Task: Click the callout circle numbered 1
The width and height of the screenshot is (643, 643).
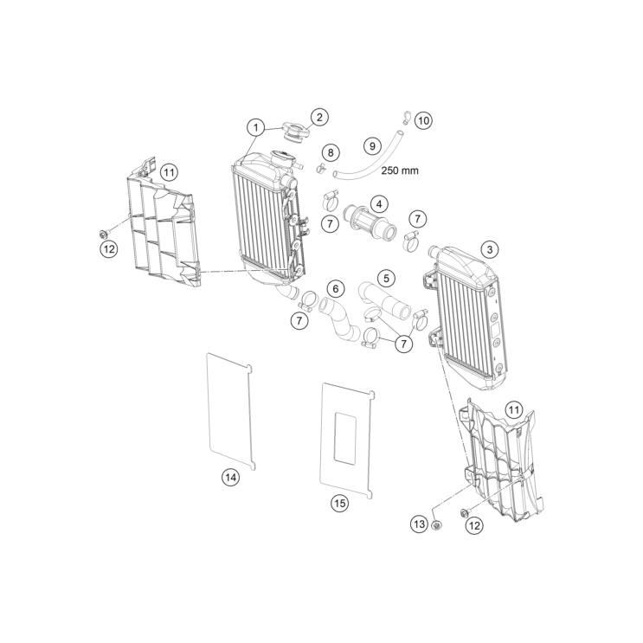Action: (256, 128)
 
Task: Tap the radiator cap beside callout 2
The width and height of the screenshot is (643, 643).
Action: (294, 132)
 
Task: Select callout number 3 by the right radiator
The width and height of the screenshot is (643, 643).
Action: (490, 249)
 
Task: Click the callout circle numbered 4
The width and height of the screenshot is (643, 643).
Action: (379, 204)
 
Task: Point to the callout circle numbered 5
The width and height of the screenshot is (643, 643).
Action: (386, 278)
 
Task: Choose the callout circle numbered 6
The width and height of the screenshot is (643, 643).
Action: (336, 289)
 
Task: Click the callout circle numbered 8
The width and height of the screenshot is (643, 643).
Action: (331, 152)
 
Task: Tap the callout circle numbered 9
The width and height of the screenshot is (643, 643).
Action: (372, 146)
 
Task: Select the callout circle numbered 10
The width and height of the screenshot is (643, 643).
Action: (423, 120)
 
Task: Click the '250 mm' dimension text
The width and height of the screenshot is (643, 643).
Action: (400, 170)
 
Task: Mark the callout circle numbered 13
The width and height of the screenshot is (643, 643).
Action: (419, 524)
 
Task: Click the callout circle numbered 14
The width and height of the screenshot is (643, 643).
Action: (231, 477)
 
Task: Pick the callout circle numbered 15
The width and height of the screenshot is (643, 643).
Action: (339, 502)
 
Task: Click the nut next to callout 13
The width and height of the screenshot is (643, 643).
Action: (438, 524)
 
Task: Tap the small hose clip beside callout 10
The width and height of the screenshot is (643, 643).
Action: (407, 117)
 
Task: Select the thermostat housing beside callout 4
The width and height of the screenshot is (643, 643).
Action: (370, 222)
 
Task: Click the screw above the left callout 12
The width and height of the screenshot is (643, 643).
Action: (104, 234)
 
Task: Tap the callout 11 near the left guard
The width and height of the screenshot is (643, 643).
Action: (169, 172)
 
